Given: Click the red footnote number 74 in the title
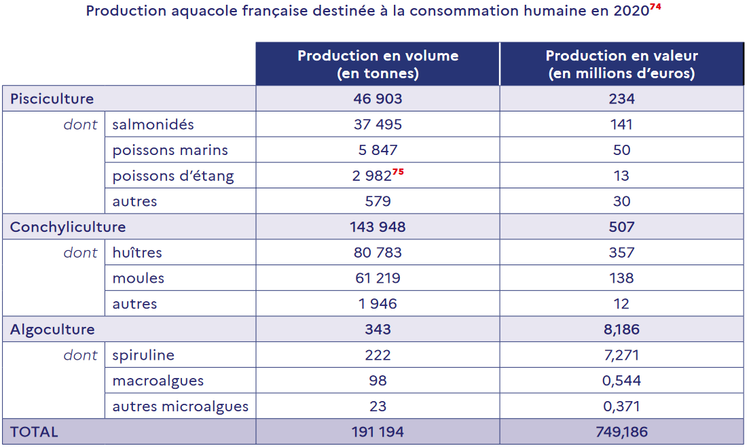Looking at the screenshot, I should coord(655,7).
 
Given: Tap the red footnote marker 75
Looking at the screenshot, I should coord(398,171).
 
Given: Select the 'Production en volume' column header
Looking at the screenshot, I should coord(378,65).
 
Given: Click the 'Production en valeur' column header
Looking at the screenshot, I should coord(621,65).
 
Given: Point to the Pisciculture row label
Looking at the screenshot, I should coord(52,99).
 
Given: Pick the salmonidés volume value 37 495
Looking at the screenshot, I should coord(378,124).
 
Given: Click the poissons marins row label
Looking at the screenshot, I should coord(170,150).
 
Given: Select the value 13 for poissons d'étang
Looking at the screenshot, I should coord(621,176).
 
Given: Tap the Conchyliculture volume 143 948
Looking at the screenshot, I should coord(378,227).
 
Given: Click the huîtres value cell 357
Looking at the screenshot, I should coord(621,253).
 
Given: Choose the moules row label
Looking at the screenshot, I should coord(139,278).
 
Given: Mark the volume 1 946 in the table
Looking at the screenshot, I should coord(378,304).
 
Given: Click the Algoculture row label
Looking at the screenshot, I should coord(52,330).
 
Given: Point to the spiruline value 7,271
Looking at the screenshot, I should coord(621,356).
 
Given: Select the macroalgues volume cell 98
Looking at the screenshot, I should coord(378,381).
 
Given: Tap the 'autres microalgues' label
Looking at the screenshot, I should coord(181,407).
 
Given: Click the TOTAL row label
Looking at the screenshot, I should coord(34,432).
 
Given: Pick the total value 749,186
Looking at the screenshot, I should coord(621,432).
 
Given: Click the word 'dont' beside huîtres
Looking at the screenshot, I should coord(81,253).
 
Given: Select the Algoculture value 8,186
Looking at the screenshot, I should coord(621,330).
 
